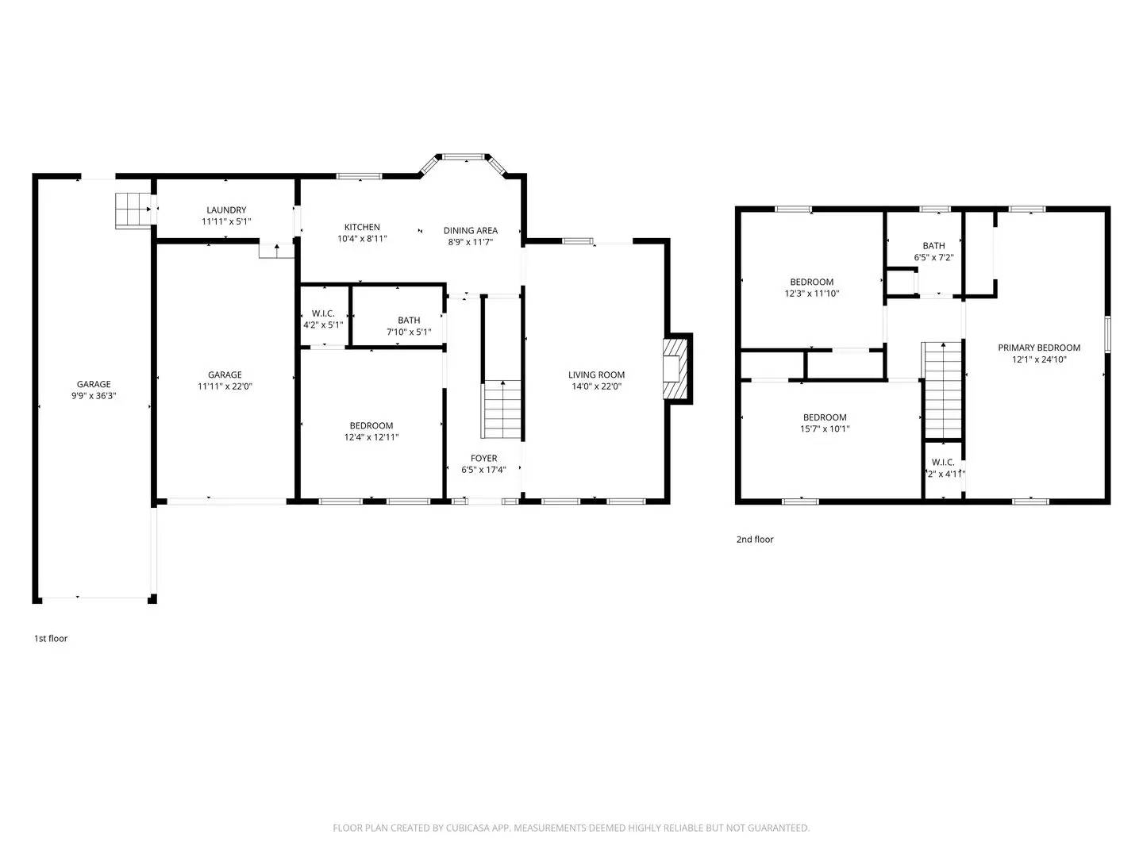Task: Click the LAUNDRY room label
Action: [x=226, y=210]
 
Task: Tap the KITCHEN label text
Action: [x=362, y=227]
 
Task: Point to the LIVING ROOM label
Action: [x=596, y=375]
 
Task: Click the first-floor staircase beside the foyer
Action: [x=502, y=409]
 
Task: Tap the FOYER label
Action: [x=483, y=458]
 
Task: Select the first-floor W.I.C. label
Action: [x=323, y=313]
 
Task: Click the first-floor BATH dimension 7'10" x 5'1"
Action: [x=409, y=332]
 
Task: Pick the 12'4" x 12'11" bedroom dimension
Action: [x=371, y=437]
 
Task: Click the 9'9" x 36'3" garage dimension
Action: [x=94, y=395]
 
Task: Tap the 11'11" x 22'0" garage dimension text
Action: [x=225, y=386]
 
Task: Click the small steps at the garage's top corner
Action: [x=133, y=209]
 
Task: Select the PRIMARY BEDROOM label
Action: [x=1039, y=348]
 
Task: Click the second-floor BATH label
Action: [x=933, y=246]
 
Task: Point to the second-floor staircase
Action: [x=942, y=390]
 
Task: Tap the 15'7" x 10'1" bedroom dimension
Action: [x=825, y=428]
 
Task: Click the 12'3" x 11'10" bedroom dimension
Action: [x=811, y=293]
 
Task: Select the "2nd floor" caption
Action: [x=754, y=540]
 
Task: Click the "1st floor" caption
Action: [x=51, y=638]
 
